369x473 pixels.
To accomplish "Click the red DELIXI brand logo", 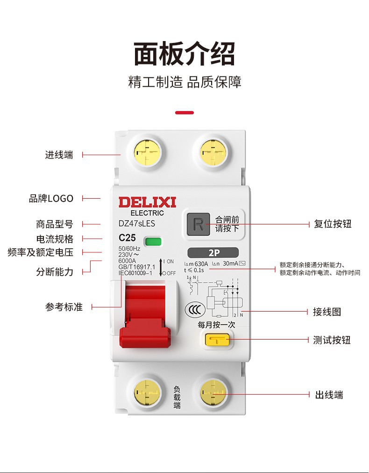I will [x=147, y=202].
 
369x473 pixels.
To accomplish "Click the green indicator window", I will [x=153, y=241].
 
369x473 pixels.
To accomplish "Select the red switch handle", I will [x=145, y=322].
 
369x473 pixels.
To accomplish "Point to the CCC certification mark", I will [x=194, y=310].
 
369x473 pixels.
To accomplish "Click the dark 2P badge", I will [x=213, y=253].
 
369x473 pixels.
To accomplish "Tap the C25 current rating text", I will [x=127, y=238].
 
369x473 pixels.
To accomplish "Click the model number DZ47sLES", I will [x=137, y=224].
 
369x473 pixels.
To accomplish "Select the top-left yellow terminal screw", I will [x=147, y=152].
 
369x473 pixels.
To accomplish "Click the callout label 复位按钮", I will [x=332, y=224].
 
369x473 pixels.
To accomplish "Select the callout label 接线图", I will [x=327, y=312].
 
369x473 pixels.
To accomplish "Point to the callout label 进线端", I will [x=59, y=155].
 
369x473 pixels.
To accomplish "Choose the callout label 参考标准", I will [x=64, y=307].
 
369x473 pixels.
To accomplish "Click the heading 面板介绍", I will [x=184, y=54].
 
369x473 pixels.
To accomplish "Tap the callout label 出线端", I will [x=329, y=395].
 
